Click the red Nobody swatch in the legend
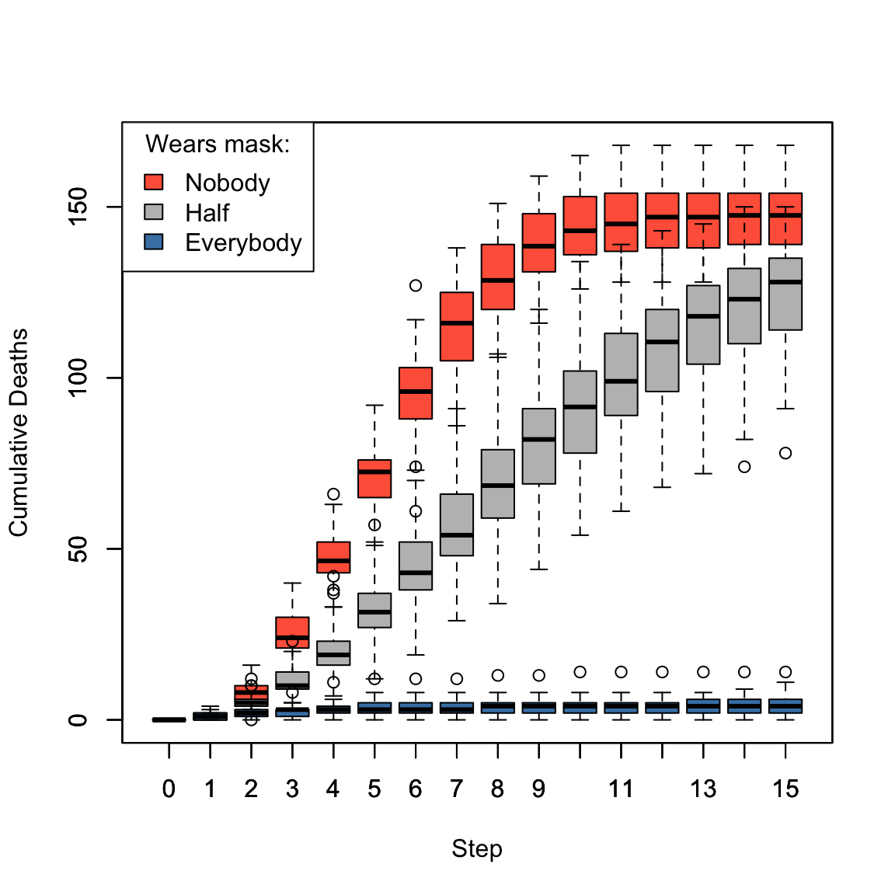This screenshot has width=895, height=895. (x=154, y=182)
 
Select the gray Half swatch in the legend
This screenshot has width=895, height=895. (x=154, y=212)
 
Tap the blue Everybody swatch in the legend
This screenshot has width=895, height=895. (x=154, y=242)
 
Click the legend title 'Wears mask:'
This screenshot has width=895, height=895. (x=218, y=145)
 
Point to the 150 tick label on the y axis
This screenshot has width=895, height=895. (x=78, y=207)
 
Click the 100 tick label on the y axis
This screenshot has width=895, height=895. (x=78, y=378)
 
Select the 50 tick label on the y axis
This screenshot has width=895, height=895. (x=78, y=548)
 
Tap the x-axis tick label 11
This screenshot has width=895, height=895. (x=621, y=789)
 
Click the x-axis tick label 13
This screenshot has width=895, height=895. (x=703, y=789)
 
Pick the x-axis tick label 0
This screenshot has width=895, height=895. (x=169, y=789)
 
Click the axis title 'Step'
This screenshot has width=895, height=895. (x=477, y=848)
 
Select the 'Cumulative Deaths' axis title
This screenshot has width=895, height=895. (x=19, y=432)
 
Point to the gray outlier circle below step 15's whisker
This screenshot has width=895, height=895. (x=785, y=453)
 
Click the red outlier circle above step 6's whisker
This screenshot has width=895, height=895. (x=416, y=286)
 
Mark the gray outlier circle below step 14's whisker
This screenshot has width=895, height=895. (x=744, y=467)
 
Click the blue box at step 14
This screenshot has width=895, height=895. (x=744, y=706)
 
